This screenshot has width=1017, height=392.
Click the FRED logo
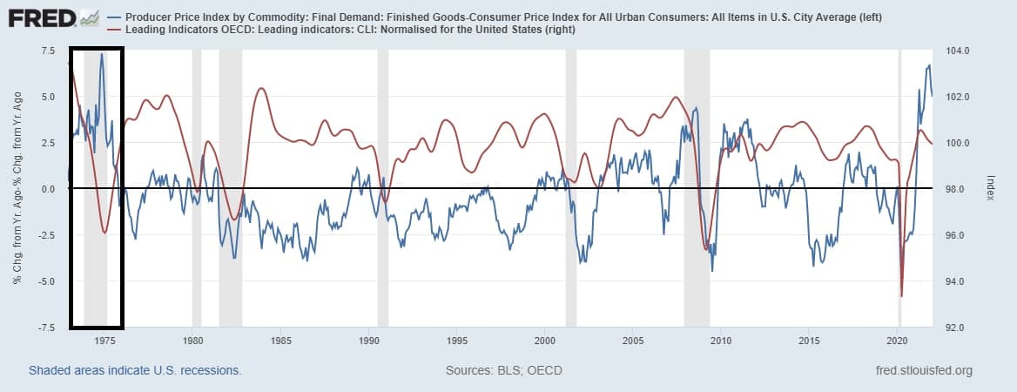[42, 18]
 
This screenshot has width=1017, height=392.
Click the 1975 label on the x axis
[106, 341]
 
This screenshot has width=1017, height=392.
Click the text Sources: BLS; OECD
[503, 371]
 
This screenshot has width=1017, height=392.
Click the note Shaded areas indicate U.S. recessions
[135, 371]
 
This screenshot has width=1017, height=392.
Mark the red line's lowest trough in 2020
[901, 296]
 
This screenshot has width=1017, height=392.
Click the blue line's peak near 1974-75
[101, 55]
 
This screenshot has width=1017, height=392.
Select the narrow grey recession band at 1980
[197, 187]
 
